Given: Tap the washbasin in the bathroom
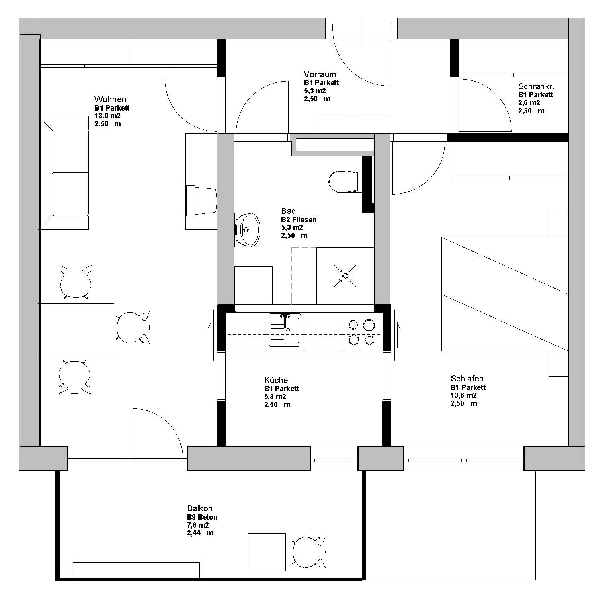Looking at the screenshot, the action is (247, 229).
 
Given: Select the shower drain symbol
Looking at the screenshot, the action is (345, 276).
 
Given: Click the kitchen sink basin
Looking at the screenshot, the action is (292, 330).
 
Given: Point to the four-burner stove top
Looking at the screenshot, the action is (361, 332).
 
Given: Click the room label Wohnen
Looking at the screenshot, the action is (110, 99).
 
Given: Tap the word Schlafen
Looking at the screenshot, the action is (467, 379).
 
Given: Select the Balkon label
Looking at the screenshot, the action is (200, 508).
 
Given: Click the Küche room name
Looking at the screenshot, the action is (276, 380).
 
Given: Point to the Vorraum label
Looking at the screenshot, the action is (320, 74).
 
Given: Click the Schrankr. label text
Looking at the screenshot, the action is (536, 86).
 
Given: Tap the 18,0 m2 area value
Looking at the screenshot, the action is (107, 116).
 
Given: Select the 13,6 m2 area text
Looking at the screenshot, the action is (463, 395).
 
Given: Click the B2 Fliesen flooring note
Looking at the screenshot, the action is (299, 220).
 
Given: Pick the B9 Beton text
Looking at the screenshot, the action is (202, 518).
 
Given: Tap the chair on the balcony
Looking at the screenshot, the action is (309, 553).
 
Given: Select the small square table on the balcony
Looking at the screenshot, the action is (267, 552).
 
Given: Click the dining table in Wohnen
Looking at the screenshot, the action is (76, 329).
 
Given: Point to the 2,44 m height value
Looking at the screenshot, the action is (200, 533).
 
